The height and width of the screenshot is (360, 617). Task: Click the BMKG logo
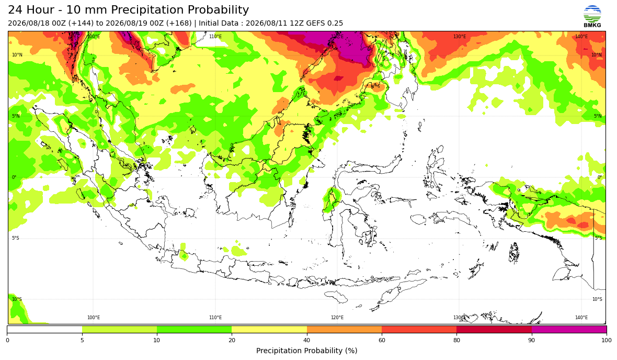point(592,17)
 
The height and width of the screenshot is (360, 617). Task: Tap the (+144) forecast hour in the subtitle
point(81,23)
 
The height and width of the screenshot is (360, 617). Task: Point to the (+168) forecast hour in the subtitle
point(179,23)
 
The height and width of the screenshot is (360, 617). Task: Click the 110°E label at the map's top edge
point(215,37)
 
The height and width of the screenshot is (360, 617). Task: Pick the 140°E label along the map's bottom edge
point(581,318)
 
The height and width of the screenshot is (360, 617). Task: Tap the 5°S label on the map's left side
point(15,238)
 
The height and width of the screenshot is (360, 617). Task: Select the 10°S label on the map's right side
point(597,299)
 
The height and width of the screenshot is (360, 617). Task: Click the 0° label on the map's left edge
point(14,177)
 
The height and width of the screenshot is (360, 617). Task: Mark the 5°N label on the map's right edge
point(597,116)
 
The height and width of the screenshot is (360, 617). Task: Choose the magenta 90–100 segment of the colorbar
point(569,329)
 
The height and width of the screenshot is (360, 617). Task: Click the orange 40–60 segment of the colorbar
point(344,329)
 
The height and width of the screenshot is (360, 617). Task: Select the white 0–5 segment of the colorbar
point(45,329)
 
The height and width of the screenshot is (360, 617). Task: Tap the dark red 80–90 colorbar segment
point(494,329)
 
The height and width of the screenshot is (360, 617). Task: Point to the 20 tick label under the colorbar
point(232,340)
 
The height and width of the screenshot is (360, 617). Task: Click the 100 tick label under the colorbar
point(607,340)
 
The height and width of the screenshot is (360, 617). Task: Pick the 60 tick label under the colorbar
point(382,340)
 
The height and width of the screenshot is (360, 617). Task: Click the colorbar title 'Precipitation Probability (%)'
point(306,351)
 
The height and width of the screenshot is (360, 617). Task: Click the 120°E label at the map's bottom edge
point(337,318)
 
